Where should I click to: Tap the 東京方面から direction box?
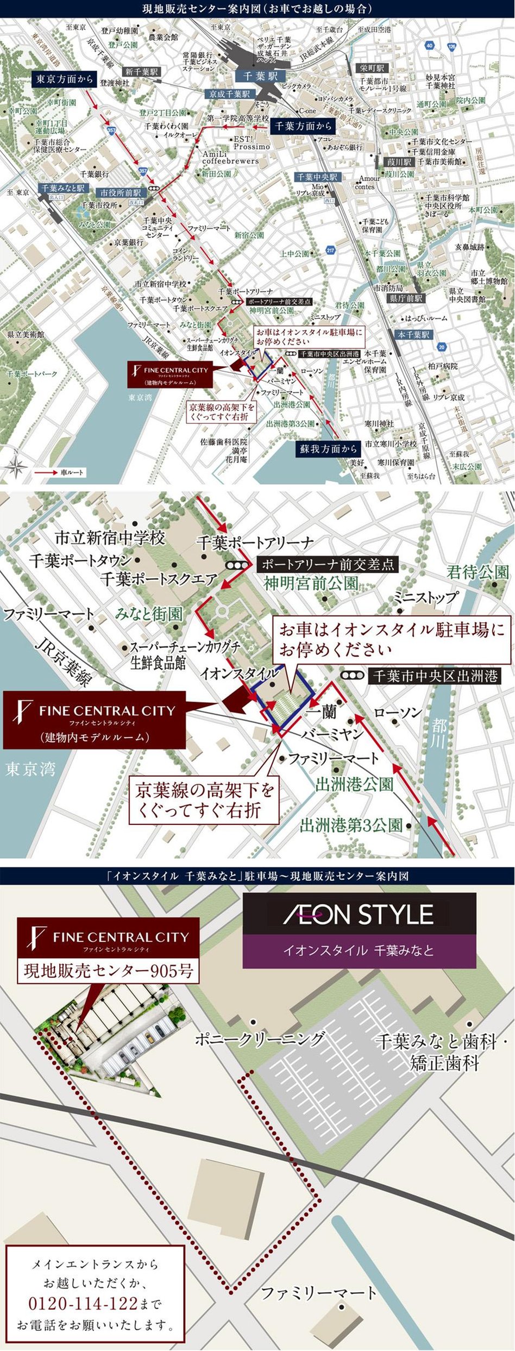64,79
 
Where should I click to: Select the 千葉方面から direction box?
303,126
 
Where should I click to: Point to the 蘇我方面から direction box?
329,448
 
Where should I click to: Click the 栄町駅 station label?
372,68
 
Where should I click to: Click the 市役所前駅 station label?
120,192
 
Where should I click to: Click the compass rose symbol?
17,465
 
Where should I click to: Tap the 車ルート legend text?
72,472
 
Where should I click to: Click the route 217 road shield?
330,250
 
